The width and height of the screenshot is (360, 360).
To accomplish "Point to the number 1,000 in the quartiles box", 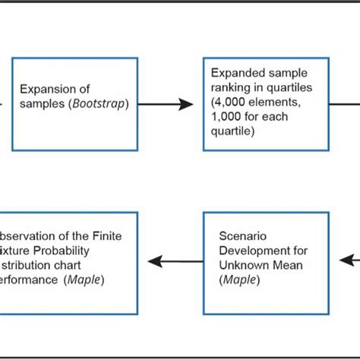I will point(232,117).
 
